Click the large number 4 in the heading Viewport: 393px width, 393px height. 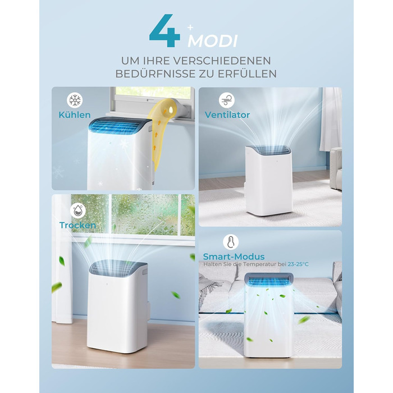164,31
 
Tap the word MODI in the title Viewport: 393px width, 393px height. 213,41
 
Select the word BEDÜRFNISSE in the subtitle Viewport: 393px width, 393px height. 156,74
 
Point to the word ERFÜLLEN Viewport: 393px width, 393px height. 247,74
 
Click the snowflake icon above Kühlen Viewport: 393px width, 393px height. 75,100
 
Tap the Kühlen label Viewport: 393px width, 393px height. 75,115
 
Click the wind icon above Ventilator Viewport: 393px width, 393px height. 227,100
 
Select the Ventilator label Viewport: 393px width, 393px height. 227,115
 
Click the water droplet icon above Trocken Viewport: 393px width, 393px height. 78,211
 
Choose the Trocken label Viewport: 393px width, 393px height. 77,225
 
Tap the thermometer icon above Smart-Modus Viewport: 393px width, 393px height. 231,242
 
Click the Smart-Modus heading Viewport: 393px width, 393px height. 234,257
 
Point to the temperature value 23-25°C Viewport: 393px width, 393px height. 298,264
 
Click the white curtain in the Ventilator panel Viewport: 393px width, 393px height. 331,119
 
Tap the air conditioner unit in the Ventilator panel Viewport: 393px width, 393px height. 269,180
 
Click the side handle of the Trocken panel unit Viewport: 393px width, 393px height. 144,272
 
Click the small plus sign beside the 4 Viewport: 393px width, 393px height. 190,28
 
